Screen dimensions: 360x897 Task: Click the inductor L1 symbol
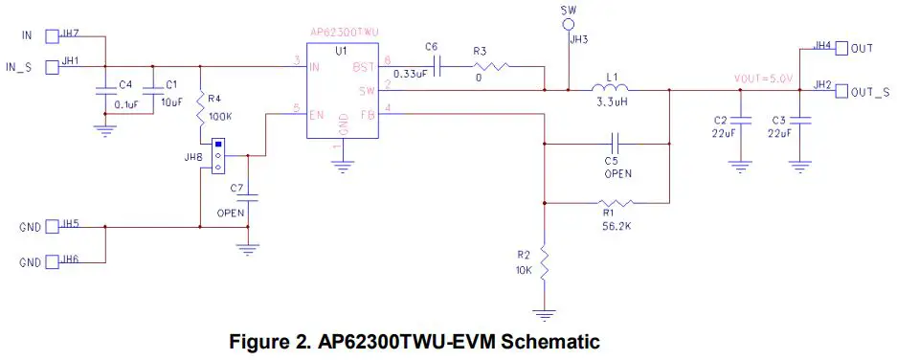pyautogui.click(x=611, y=90)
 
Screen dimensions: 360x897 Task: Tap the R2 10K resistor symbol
pyautogui.click(x=544, y=264)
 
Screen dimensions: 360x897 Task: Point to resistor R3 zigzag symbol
pyautogui.click(x=492, y=66)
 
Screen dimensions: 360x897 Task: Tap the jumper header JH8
pyautogui.click(x=218, y=157)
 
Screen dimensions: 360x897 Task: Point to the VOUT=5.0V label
pyautogui.click(x=764, y=79)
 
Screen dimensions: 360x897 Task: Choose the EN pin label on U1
pyautogui.click(x=317, y=114)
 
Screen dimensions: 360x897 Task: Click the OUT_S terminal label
pyautogui.click(x=870, y=92)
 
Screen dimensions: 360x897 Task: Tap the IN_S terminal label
pyautogui.click(x=19, y=66)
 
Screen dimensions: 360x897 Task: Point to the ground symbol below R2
pyautogui.click(x=544, y=314)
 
